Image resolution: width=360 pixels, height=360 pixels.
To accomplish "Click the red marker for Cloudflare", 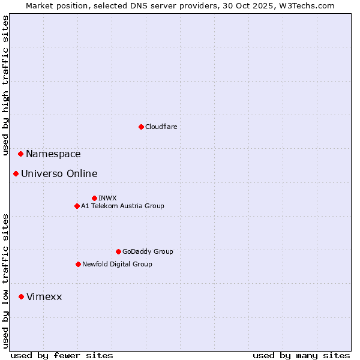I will click(141, 127).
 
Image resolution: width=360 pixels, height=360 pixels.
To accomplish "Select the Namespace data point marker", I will click(20, 154).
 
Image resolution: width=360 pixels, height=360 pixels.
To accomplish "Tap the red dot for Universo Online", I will click(16, 173).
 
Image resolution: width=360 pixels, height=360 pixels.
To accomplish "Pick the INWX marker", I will click(94, 198).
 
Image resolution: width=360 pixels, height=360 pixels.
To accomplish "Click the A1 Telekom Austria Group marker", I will click(77, 206).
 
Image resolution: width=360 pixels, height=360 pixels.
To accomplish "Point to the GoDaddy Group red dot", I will click(118, 251).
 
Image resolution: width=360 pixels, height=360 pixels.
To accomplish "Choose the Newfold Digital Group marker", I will click(78, 264).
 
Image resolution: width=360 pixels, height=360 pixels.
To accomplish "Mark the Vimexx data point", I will click(21, 296).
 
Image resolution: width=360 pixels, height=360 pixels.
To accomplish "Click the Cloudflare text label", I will click(161, 127).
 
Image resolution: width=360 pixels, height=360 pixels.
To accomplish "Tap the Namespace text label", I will click(53, 154).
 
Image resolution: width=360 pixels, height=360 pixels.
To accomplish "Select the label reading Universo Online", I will click(59, 174).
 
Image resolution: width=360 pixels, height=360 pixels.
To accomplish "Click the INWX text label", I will click(107, 198).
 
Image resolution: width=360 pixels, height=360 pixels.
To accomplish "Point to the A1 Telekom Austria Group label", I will click(122, 206).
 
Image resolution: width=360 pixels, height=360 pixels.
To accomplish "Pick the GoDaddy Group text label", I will click(148, 251).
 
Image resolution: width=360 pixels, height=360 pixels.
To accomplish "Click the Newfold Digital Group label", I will click(117, 264).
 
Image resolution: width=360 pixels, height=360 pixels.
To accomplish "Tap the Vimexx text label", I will click(44, 297).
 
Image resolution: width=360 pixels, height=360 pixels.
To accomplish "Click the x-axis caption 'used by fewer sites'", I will click(62, 355).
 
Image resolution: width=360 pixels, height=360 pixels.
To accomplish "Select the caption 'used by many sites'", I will click(301, 355).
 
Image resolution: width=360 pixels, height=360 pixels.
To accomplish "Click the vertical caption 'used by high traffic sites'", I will click(5, 86).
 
